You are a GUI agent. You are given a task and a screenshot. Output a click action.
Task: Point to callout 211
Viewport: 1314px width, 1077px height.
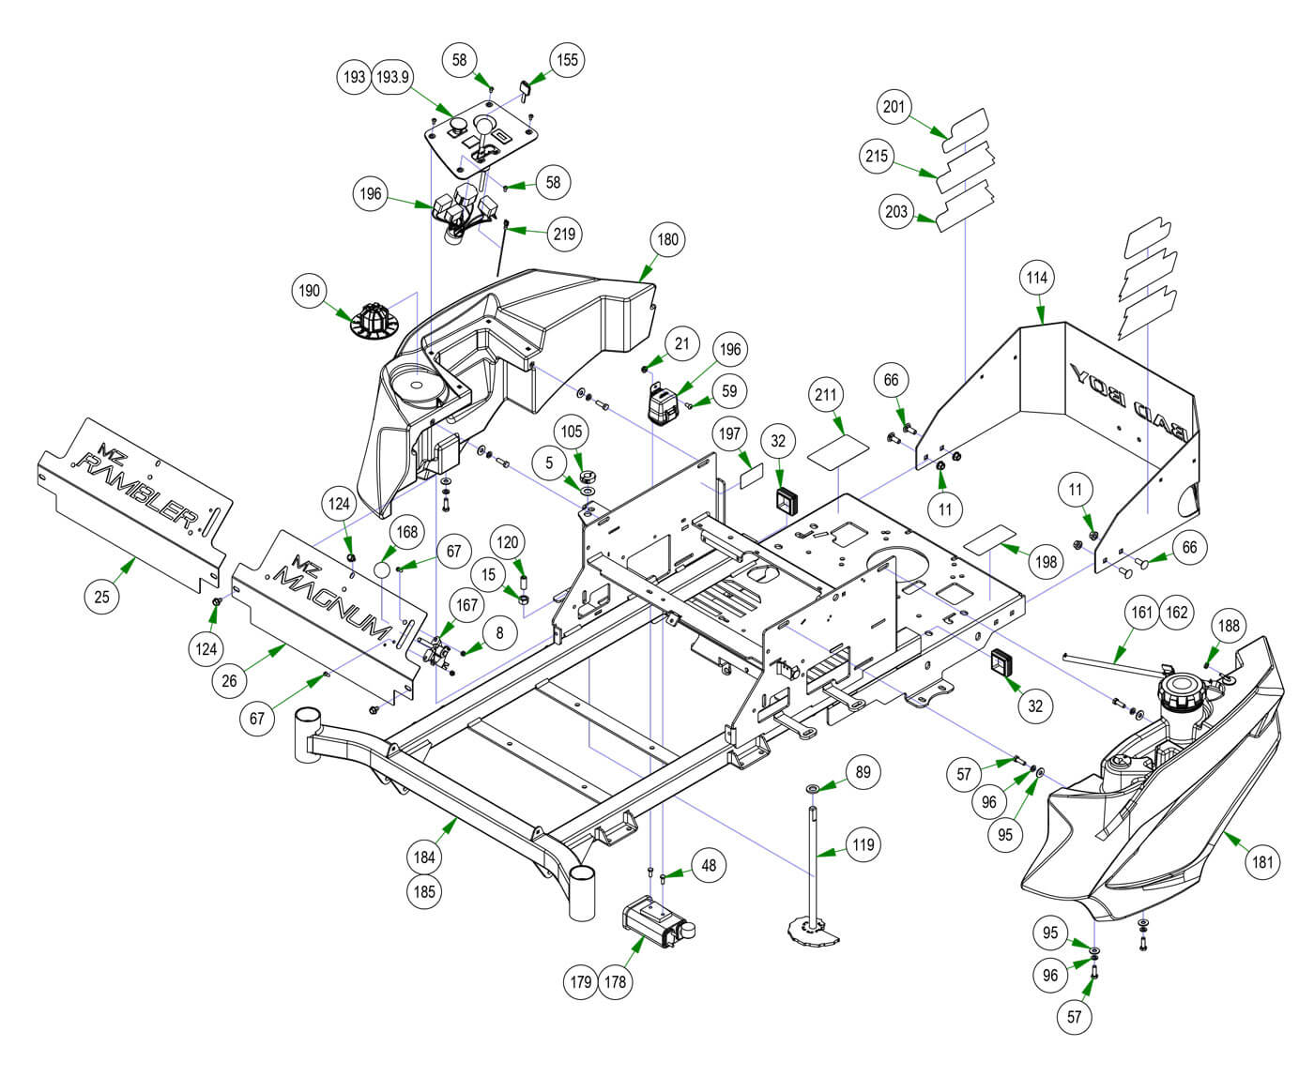827,395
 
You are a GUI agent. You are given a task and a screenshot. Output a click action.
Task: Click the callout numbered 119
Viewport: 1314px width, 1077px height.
863,844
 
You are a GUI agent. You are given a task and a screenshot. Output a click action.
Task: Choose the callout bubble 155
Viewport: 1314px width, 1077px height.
567,60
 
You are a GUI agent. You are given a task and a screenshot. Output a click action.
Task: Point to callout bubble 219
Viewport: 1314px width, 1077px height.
565,234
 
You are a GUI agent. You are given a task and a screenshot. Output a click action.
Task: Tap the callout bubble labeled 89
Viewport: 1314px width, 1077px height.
863,773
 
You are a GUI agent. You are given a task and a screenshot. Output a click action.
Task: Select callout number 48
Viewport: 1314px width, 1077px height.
709,865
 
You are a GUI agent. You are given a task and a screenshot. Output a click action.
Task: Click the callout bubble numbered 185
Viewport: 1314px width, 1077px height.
424,891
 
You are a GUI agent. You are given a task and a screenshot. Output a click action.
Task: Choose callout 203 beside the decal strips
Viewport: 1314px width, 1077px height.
896,211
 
